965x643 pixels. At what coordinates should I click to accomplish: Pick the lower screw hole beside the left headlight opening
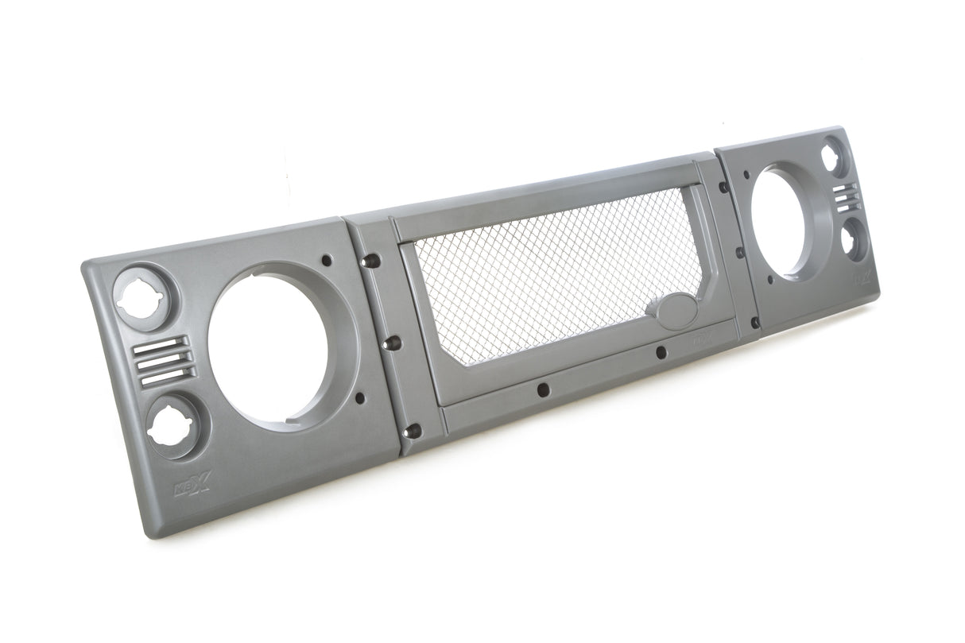tap(359, 396)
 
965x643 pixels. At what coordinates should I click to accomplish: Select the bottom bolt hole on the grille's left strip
tap(413, 430)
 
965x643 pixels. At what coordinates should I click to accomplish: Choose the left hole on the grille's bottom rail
tap(541, 389)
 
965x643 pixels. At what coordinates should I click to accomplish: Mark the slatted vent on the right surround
tap(845, 196)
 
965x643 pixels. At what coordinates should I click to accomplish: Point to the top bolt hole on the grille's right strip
tap(723, 188)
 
